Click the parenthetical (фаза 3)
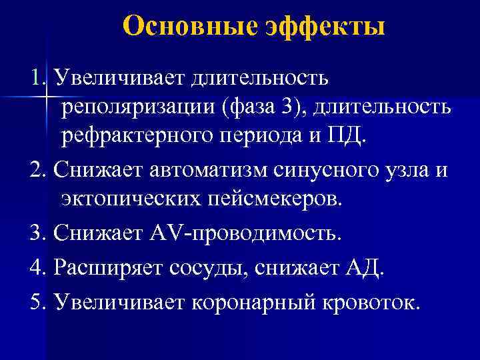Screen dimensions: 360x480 click(x=267, y=107)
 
